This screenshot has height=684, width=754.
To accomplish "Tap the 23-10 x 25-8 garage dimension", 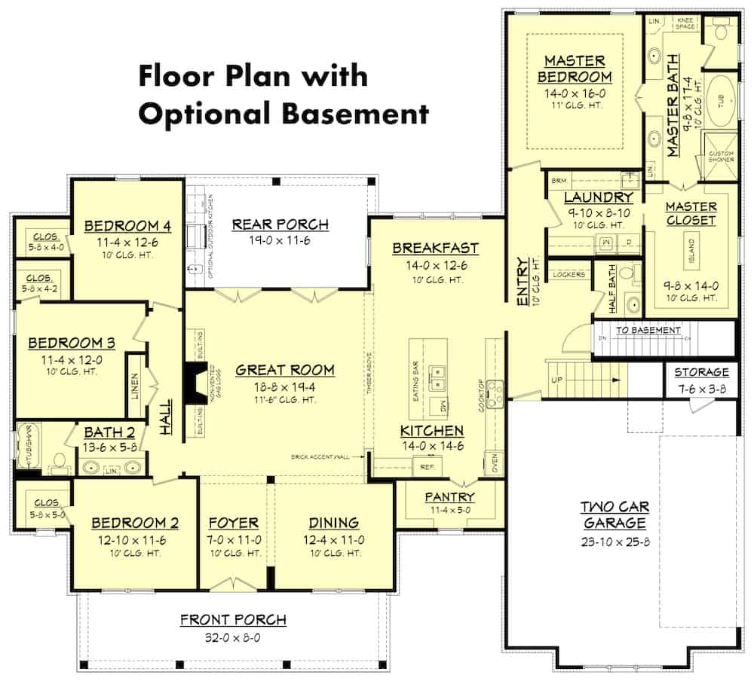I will coord(614,542).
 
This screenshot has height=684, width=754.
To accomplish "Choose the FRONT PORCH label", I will coord(233,620).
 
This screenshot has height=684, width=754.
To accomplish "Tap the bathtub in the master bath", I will coord(721,102).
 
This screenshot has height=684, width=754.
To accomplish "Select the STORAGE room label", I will coord(701,372).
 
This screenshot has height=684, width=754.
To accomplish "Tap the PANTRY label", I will coord(449,497).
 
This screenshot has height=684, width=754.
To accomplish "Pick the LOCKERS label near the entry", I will coord(569,275).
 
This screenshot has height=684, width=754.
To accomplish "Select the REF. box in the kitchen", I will coord(428,467).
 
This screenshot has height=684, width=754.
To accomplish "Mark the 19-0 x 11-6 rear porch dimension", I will coord(280,241).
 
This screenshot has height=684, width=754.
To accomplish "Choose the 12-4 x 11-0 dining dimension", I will coord(333,540).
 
